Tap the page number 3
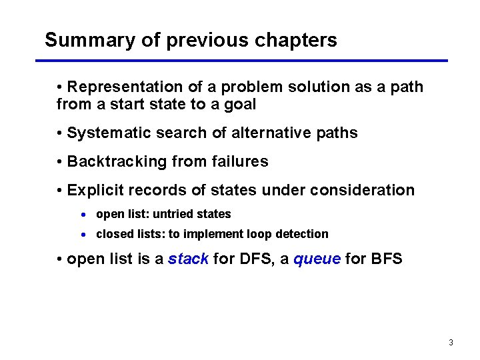(x=451, y=343)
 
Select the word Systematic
(x=109, y=133)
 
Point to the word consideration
(x=362, y=191)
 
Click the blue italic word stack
(x=188, y=259)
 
